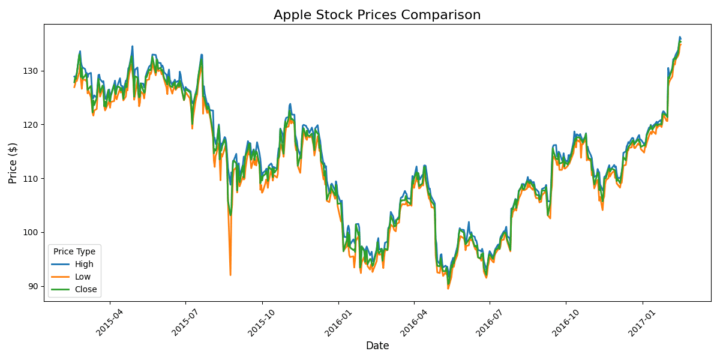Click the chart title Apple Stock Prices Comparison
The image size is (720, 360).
(377, 15)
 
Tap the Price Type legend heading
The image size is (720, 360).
(74, 251)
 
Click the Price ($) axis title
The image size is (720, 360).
(13, 163)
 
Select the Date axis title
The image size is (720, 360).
(377, 346)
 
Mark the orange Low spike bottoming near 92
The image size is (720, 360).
(230, 274)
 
